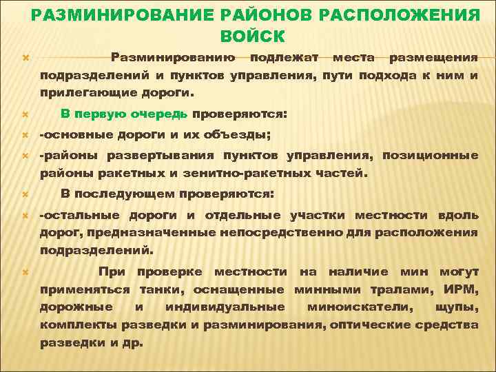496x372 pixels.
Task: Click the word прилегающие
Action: point(85,91)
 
